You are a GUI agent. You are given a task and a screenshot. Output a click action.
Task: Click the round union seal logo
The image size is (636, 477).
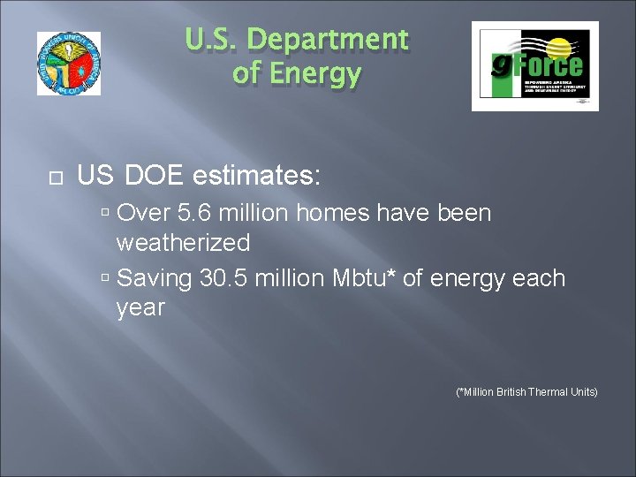[69, 64]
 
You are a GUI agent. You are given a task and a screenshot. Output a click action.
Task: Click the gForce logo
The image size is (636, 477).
[534, 66]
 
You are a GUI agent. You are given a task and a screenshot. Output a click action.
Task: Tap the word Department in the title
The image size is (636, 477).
[329, 41]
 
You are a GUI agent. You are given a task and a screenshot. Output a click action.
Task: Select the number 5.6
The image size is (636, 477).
[195, 214]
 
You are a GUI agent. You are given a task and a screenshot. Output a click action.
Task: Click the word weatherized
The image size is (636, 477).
[183, 243]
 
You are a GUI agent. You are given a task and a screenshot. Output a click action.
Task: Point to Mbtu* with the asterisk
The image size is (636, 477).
[363, 279]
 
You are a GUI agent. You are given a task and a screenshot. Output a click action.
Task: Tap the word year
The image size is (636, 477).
[140, 308]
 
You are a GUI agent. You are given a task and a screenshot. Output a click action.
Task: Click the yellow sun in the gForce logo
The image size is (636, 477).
[558, 47]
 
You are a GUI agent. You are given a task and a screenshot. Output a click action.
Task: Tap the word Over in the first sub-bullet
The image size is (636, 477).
[141, 214]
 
